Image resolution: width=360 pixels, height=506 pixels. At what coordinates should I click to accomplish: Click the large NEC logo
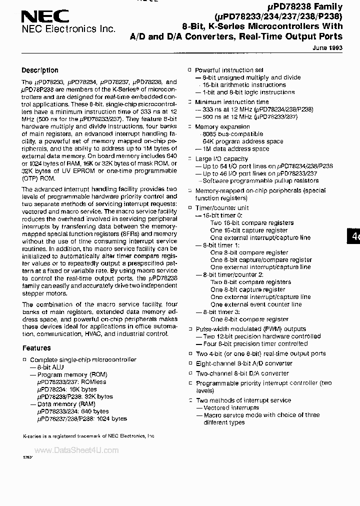tap(45, 16)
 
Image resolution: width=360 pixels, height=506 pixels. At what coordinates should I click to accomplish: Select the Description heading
tap(40, 70)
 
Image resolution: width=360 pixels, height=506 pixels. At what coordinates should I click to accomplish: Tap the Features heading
tap(36, 348)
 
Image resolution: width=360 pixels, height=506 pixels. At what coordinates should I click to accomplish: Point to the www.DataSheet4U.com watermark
tap(76, 450)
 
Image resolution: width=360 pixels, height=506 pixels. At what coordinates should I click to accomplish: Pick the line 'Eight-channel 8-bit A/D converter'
tap(244, 363)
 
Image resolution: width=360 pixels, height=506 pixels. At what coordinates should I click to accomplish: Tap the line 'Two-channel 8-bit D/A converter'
tap(242, 373)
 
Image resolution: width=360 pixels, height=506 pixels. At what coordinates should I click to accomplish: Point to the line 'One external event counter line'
tap(256, 304)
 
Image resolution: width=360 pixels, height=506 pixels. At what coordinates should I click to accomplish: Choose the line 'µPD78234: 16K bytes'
tap(67, 389)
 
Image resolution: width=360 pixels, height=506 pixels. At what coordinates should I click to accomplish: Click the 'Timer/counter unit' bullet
tap(222, 208)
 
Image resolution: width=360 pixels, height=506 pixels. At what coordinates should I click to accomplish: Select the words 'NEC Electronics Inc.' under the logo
tap(68, 29)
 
